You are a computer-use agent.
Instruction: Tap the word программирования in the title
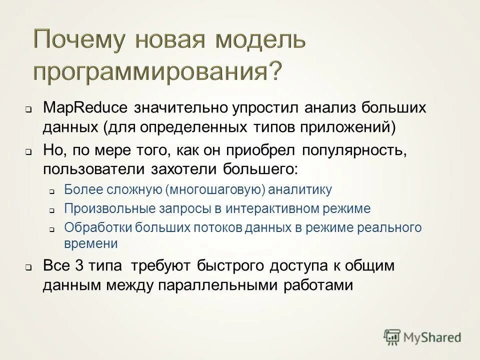click(148, 72)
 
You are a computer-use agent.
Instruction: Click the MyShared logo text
click(432, 337)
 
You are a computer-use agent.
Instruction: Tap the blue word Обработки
click(90, 228)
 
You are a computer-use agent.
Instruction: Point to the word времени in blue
click(91, 244)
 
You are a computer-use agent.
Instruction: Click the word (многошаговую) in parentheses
click(216, 190)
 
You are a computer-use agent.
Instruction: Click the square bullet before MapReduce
click(29, 109)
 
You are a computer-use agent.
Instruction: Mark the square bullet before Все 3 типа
click(29, 267)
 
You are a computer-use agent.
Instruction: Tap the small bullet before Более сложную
click(52, 191)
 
